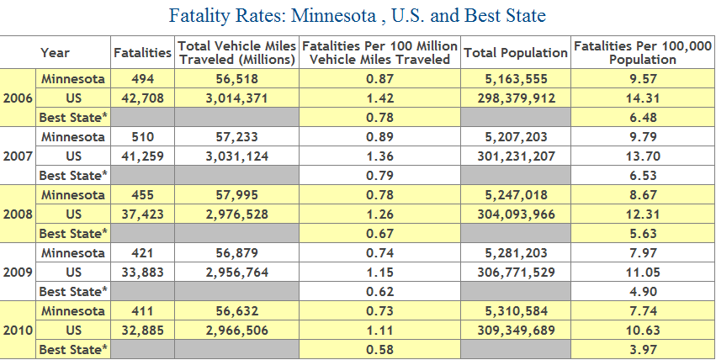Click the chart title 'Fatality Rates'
[x=357, y=16]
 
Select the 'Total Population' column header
[x=516, y=53]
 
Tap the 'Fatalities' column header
[x=142, y=53]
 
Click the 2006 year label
[x=18, y=98]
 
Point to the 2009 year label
[x=18, y=272]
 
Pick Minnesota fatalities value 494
[x=142, y=79]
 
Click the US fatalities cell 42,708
[x=142, y=98]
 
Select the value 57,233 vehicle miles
[x=236, y=136]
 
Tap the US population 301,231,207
[x=516, y=156]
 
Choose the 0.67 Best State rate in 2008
[x=380, y=233]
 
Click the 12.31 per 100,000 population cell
[x=643, y=214]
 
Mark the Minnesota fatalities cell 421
[x=142, y=252]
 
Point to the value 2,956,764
[x=236, y=272]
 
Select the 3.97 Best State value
[x=643, y=349]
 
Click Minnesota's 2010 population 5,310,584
[x=516, y=310]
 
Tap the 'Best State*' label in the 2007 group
[x=74, y=175]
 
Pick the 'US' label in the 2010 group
[x=74, y=330]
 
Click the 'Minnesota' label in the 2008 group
[x=74, y=194]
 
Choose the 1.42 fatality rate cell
[x=380, y=98]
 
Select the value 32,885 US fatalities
[x=142, y=330]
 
